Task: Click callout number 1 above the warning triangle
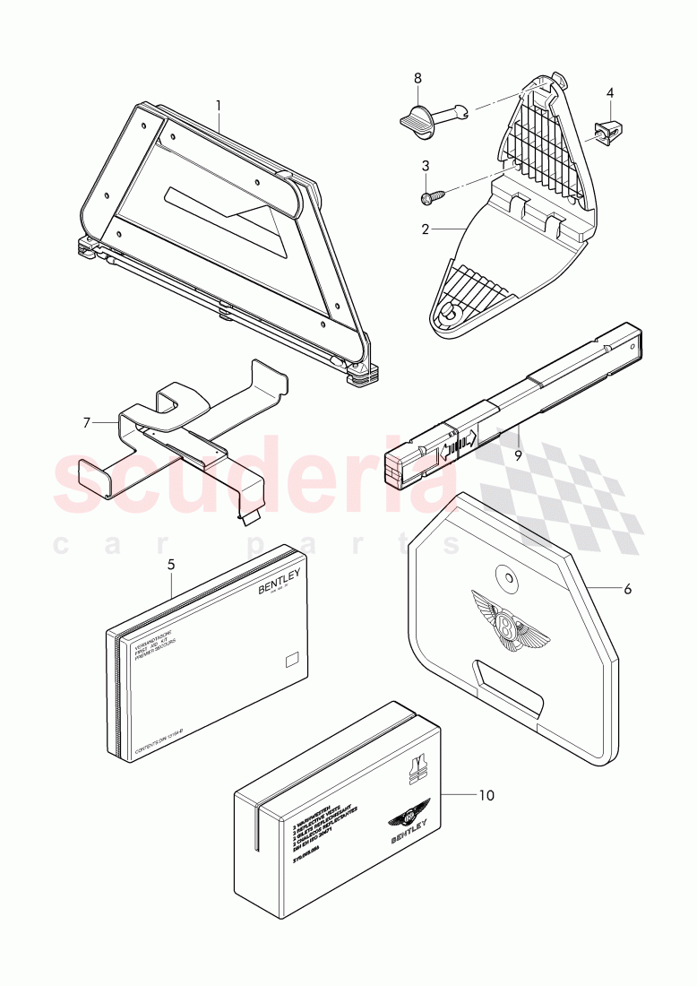coord(218,106)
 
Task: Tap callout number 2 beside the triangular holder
coord(426,229)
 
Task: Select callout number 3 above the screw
coord(426,165)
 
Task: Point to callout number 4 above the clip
coord(610,92)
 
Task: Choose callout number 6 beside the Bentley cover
coord(627,589)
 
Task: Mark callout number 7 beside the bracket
coord(86,421)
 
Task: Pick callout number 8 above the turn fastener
coord(417,78)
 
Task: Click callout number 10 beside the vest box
coord(486,795)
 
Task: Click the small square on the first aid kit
coord(290,662)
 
